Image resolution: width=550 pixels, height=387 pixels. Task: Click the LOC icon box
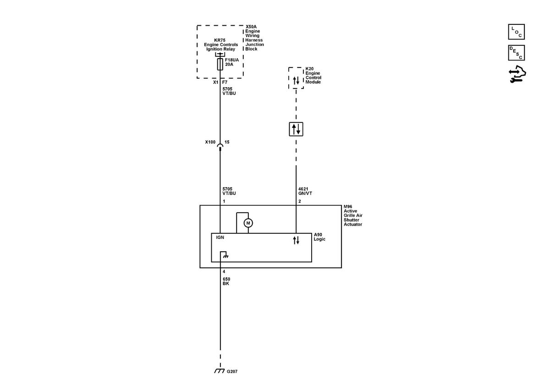coord(516,32)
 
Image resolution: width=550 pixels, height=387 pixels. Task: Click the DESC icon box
coord(516,53)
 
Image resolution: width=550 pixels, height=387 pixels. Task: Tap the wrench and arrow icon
coord(517,74)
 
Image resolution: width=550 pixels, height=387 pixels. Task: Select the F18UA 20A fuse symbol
coord(220,64)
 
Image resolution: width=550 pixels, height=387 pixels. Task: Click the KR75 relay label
coord(221,44)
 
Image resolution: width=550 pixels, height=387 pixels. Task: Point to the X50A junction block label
coord(254,38)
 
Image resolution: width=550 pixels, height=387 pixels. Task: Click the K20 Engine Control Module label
coord(313,75)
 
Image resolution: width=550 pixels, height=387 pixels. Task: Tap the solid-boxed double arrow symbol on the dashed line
coord(296,129)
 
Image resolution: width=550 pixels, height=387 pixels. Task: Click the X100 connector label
coord(210,142)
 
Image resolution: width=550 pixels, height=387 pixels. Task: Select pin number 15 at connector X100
coord(226,142)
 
